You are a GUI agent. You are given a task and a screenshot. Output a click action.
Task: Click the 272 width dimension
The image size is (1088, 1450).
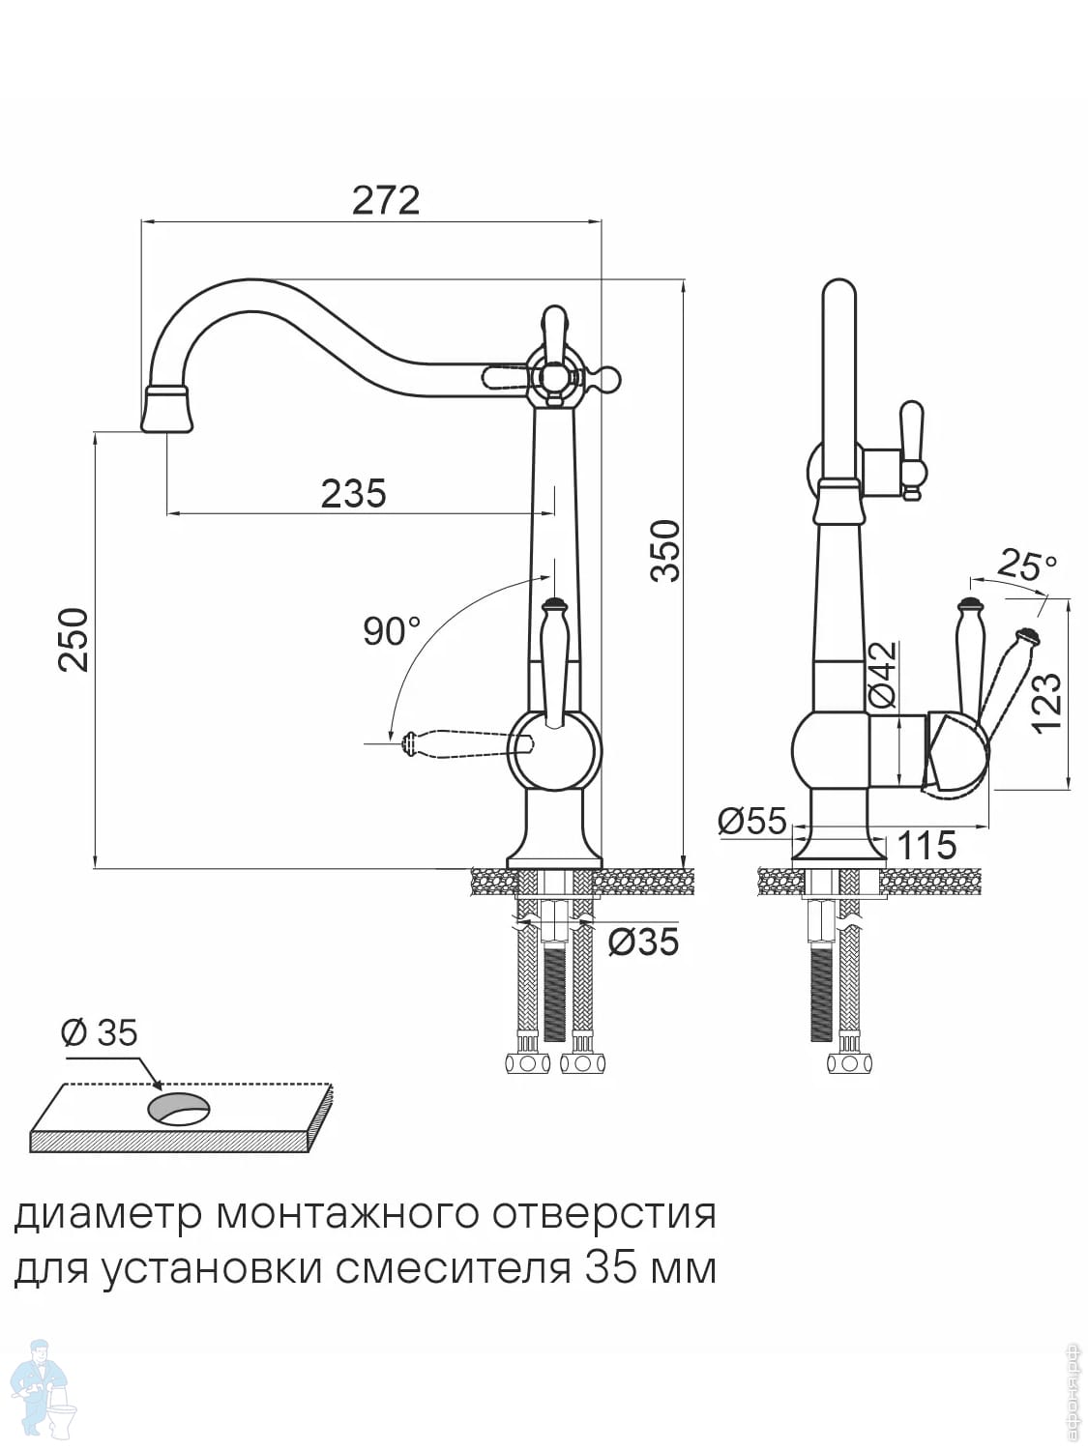pos(385,200)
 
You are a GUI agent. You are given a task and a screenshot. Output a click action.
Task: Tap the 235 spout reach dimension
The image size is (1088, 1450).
pos(353,494)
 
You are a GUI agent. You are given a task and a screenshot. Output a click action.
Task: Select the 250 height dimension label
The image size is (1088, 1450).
pos(74,639)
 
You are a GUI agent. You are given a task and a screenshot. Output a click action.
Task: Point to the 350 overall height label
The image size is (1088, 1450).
pos(665,550)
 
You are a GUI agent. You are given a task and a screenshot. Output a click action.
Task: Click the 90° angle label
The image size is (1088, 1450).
pos(392,631)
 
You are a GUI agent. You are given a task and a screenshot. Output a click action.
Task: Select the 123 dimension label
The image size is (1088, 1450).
pos(1046,703)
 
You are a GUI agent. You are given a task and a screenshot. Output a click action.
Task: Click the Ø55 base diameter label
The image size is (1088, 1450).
pos(752,821)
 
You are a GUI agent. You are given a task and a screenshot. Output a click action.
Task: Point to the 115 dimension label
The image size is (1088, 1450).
pos(926,846)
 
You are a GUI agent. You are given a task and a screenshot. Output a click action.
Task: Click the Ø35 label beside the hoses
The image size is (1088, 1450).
pos(643,941)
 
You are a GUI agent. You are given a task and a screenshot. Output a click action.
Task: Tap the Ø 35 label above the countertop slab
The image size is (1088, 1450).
pos(100,1033)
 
